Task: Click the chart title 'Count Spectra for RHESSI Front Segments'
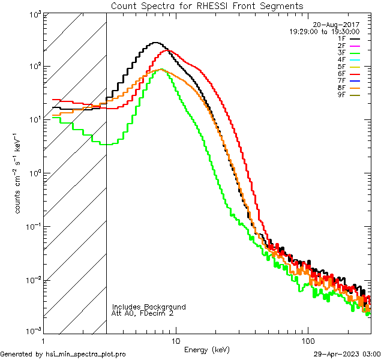[206, 5]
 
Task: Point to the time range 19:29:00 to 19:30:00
[324, 31]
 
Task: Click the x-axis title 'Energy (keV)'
[206, 350]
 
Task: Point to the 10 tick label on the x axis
[175, 340]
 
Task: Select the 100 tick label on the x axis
[307, 340]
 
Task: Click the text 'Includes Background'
[149, 307]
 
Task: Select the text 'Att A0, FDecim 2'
[143, 313]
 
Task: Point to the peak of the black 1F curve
[155, 43]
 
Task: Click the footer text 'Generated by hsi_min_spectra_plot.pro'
[63, 354]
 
